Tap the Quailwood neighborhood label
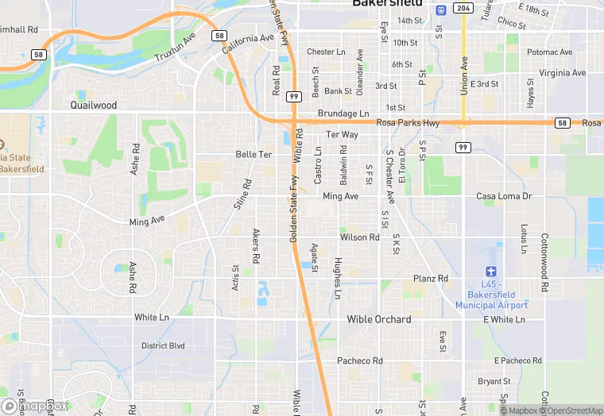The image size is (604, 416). pyautogui.click(x=93, y=105)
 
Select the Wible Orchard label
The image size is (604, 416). pyautogui.click(x=379, y=319)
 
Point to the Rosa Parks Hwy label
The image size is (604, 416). pyautogui.click(x=408, y=123)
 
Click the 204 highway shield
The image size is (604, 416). pyautogui.click(x=463, y=8)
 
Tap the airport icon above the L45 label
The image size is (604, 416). pyautogui.click(x=491, y=272)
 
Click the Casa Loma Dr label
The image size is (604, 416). pyautogui.click(x=503, y=196)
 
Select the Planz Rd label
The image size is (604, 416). pyautogui.click(x=431, y=279)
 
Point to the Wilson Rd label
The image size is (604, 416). pyautogui.click(x=359, y=237)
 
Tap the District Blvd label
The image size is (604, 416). pyautogui.click(x=163, y=345)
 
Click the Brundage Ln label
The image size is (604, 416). pyautogui.click(x=343, y=114)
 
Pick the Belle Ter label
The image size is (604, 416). pyautogui.click(x=254, y=154)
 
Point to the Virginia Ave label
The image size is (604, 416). pyautogui.click(x=562, y=73)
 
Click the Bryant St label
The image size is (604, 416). pyautogui.click(x=494, y=382)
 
